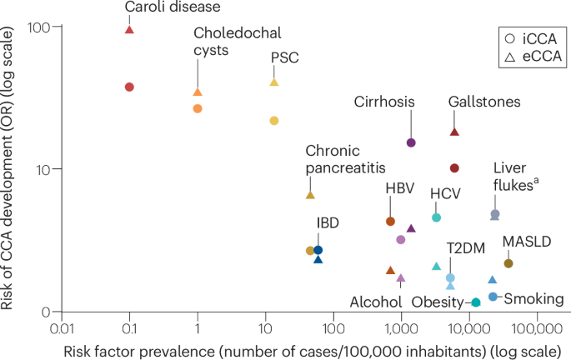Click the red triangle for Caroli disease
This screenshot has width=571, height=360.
[129, 29]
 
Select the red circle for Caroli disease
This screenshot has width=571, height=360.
[129, 87]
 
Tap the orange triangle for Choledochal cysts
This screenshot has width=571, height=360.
[198, 92]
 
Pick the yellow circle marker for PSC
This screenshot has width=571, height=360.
[273, 121]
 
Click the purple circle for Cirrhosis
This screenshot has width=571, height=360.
[411, 142]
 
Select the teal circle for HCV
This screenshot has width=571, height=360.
[436, 217]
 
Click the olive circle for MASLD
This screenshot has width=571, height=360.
[508, 263]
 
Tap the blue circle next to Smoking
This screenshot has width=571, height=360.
[493, 297]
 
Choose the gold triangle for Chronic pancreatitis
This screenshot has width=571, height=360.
[310, 195]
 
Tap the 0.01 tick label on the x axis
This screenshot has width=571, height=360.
[60, 327]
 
